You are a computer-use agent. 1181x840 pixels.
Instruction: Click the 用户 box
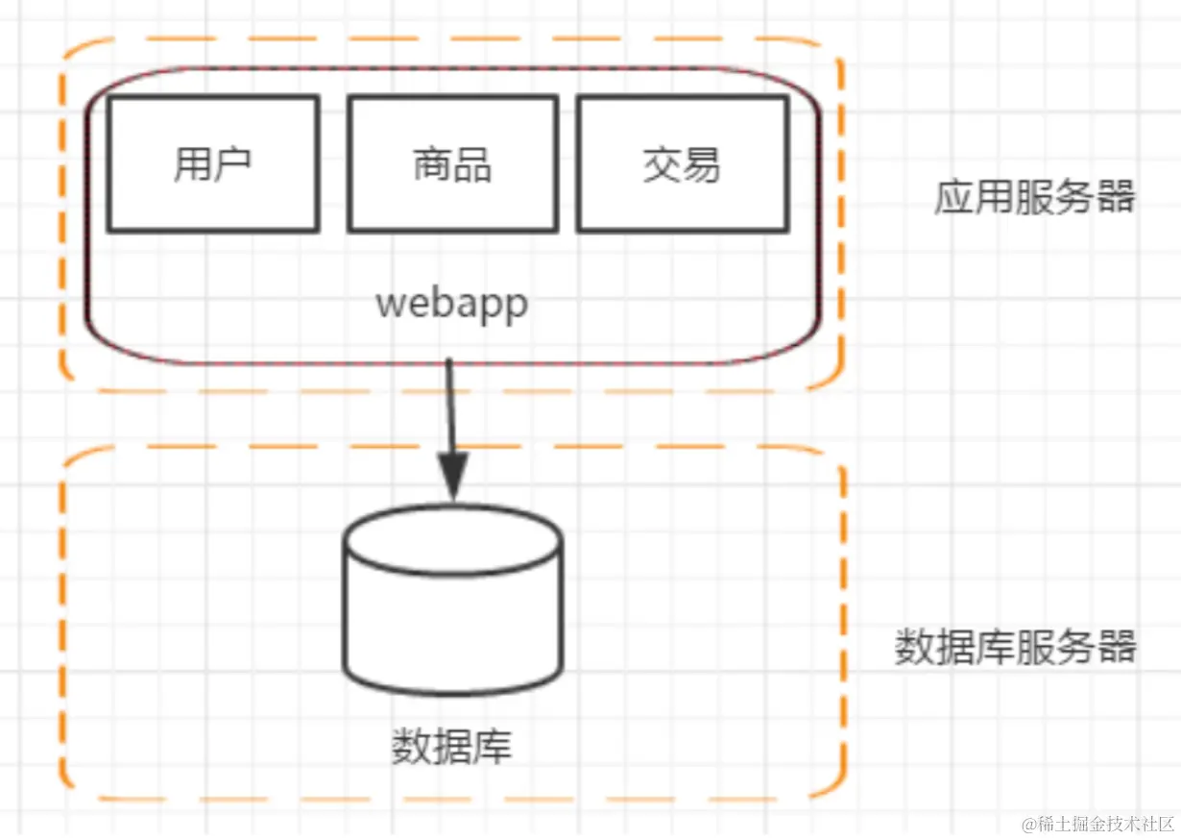click(x=212, y=163)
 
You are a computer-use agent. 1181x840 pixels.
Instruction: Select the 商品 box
click(x=452, y=163)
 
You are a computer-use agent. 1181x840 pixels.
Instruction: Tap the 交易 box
click(x=682, y=163)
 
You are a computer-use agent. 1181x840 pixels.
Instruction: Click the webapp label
click(x=451, y=304)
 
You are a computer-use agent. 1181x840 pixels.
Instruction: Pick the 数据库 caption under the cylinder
click(x=451, y=747)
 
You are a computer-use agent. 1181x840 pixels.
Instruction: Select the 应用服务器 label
click(x=1034, y=198)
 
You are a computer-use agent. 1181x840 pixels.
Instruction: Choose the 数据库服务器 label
click(x=1016, y=647)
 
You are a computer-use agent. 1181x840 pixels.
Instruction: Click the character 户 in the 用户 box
click(x=232, y=164)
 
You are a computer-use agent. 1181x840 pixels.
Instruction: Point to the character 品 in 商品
click(x=472, y=165)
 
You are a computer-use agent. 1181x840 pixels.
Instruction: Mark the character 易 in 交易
click(x=702, y=165)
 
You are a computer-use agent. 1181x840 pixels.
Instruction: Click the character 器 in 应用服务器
click(x=1116, y=198)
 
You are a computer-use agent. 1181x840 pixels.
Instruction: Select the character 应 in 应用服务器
click(x=954, y=198)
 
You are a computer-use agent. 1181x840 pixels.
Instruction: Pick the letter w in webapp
click(x=388, y=305)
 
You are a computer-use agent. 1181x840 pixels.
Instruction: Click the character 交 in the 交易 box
click(x=662, y=165)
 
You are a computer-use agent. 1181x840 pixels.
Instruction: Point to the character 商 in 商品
click(x=432, y=165)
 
